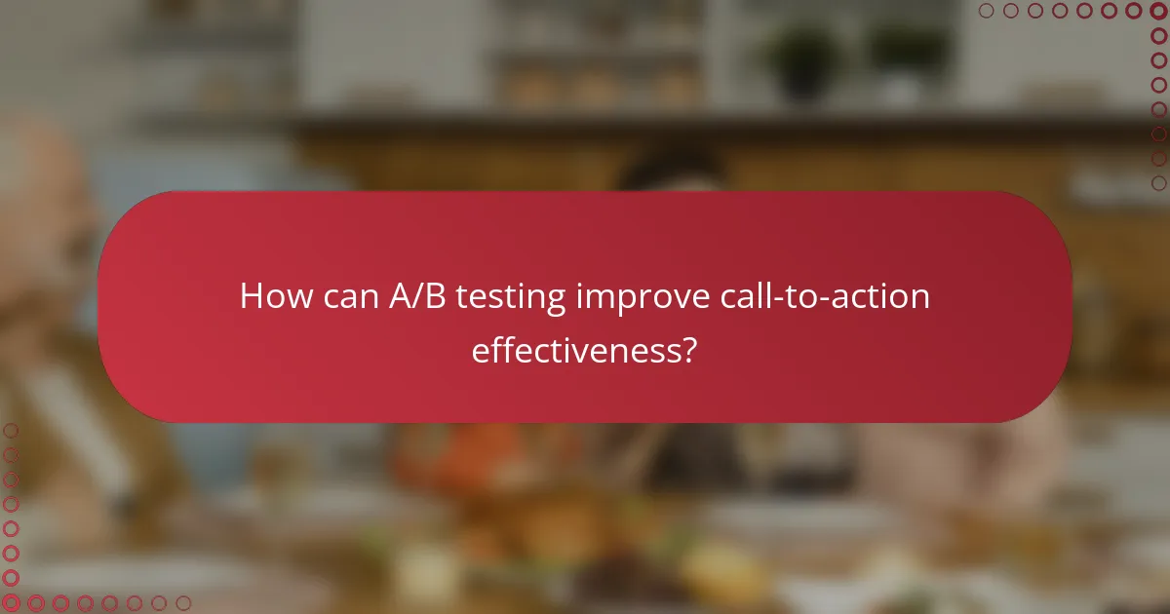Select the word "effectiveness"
pos(574,349)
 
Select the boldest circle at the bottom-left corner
pos(11,603)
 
